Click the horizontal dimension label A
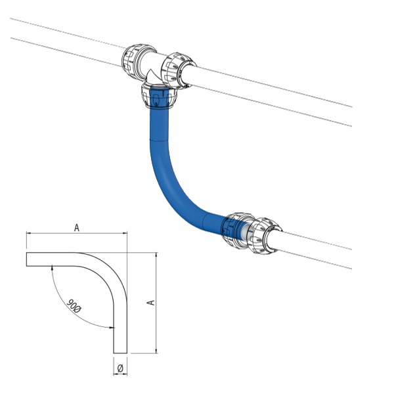point(77,228)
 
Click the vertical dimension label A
point(150,302)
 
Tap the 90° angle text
point(74,306)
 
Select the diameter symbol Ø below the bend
point(120,368)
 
